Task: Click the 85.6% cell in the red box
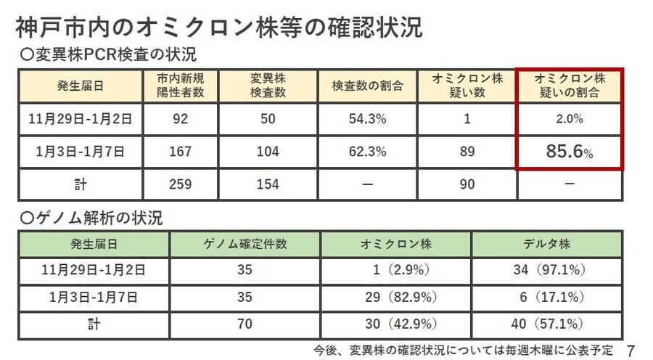tap(569, 152)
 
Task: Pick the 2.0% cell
tap(569, 119)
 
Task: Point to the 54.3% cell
tap(368, 119)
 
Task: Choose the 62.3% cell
tap(368, 152)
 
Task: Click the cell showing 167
tap(179, 152)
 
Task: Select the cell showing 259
tap(179, 184)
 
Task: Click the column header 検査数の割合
tap(368, 86)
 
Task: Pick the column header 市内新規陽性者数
tap(179, 86)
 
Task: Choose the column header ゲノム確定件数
tap(245, 243)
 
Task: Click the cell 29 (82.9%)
tap(395, 296)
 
